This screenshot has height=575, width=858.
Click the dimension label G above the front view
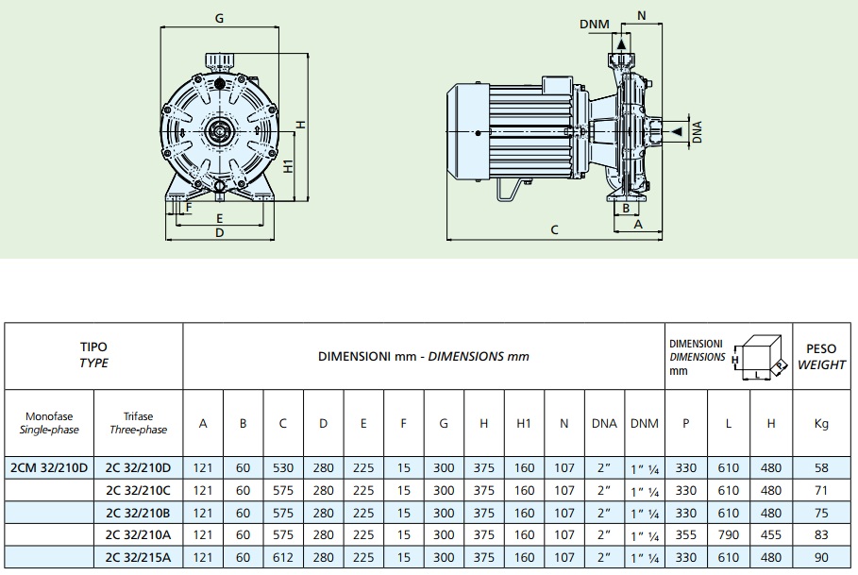click(x=219, y=18)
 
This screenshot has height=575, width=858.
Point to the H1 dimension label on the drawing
click(x=290, y=166)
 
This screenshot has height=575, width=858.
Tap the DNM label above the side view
click(x=593, y=24)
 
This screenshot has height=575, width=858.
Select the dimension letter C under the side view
click(x=554, y=229)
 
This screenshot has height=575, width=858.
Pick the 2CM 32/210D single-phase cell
click(x=48, y=466)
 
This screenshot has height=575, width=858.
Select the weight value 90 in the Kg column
click(x=820, y=557)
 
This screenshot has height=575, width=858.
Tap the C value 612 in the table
click(x=282, y=557)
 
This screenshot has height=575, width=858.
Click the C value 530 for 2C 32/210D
click(x=282, y=466)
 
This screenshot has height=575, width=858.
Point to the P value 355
click(x=687, y=534)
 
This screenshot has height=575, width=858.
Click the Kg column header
click(x=820, y=423)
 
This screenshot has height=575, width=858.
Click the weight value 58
click(x=820, y=466)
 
